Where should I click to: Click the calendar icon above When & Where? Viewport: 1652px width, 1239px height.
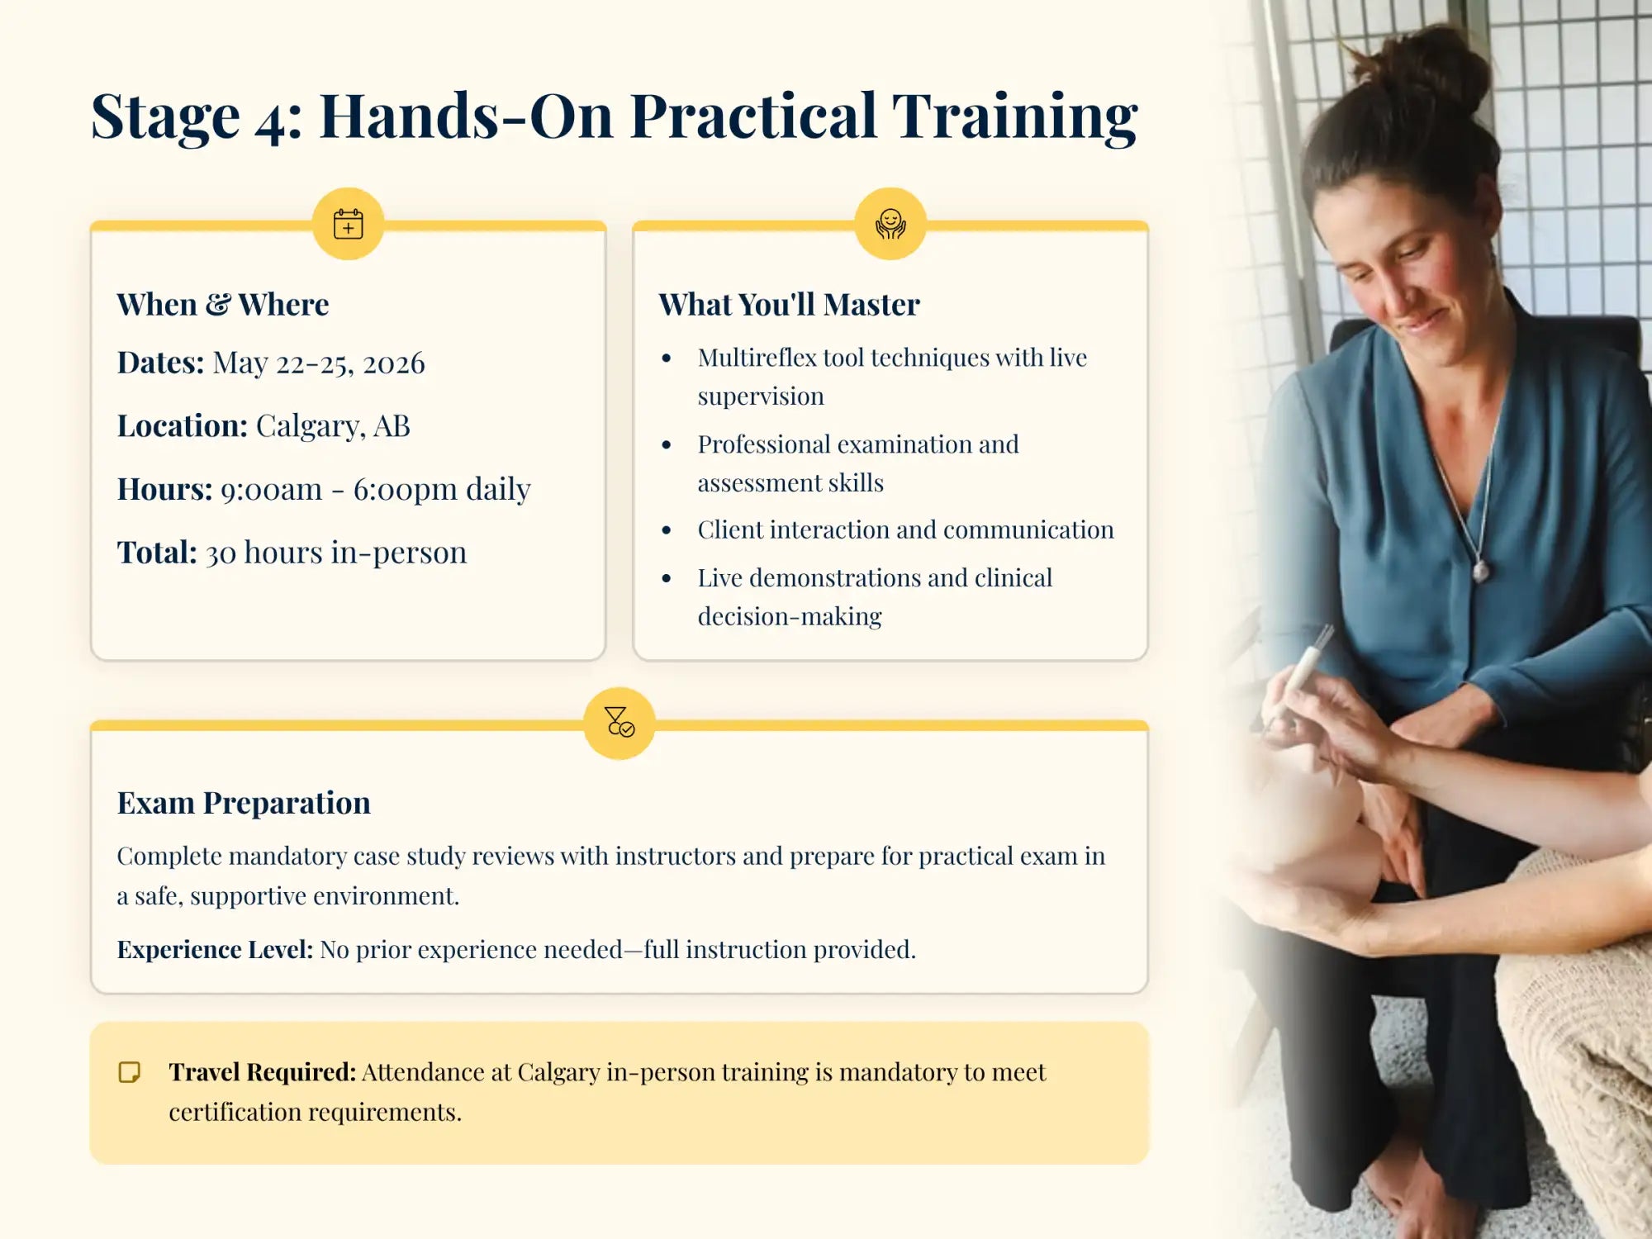point(348,224)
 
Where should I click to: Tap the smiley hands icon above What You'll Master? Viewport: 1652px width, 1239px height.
point(890,224)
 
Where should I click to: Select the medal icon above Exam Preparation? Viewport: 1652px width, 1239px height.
point(619,723)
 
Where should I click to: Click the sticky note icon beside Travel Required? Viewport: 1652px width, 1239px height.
point(130,1072)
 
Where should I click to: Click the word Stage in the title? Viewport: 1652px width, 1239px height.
point(165,116)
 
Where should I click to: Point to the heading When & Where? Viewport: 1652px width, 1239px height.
point(222,305)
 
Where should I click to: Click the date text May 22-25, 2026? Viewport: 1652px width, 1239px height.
point(318,363)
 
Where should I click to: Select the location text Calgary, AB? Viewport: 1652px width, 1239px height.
point(332,426)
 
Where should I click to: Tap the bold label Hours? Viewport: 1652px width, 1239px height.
point(164,489)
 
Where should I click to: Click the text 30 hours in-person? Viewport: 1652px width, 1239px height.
point(335,553)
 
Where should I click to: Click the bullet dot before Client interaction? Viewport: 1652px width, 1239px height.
point(667,530)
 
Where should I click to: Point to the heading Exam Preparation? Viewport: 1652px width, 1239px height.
point(244,803)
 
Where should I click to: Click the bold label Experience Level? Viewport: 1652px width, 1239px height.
point(215,949)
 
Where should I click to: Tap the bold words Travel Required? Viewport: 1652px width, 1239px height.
point(262,1072)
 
